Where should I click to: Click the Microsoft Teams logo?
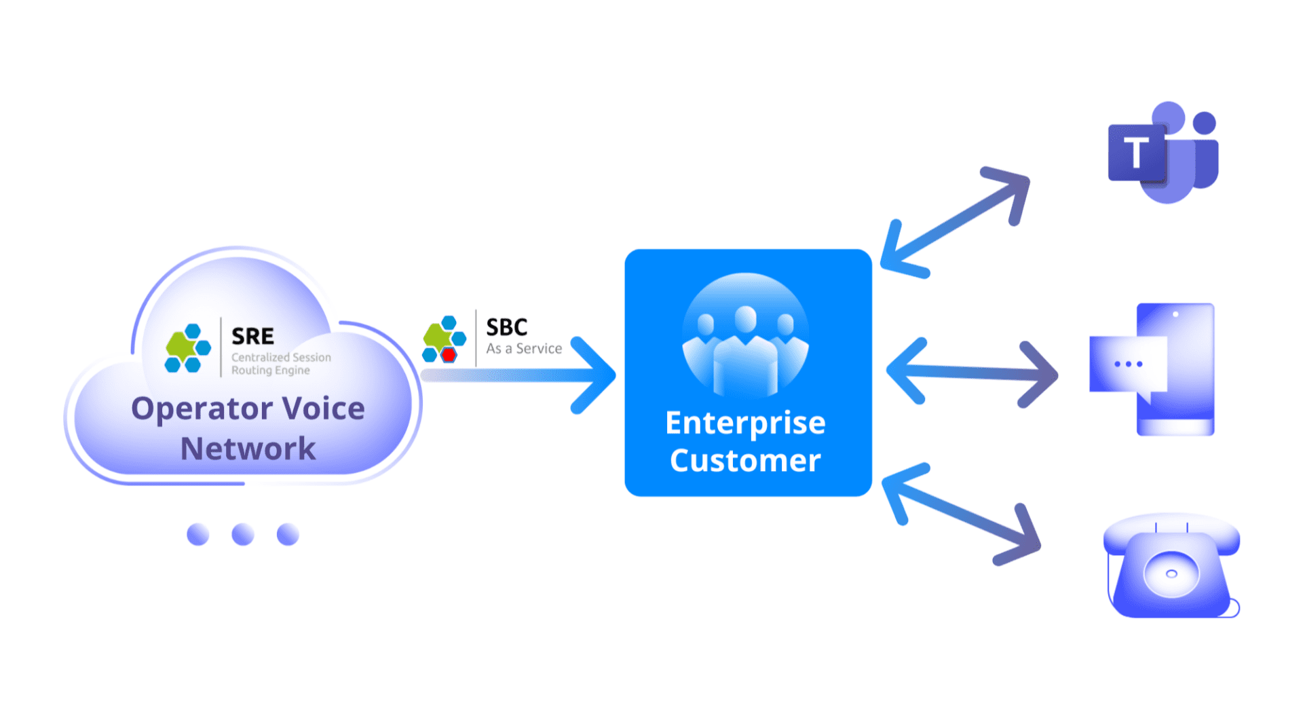point(1163,153)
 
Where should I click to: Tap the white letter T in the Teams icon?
point(1136,153)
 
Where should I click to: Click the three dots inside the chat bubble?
point(1128,364)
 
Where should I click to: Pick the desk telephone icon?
point(1172,567)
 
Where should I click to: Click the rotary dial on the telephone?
point(1171,573)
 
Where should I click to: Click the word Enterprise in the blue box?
point(745,423)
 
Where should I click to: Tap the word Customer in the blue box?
point(745,461)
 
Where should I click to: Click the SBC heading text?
point(506,327)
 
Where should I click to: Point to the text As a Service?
point(524,349)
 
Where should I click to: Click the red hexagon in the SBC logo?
point(449,354)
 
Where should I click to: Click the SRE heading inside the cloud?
point(252,336)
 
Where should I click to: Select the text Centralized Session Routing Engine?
point(280,364)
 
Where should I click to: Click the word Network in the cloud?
point(248,449)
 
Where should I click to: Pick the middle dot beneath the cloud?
point(243,534)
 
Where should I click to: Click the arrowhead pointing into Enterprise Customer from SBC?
point(597,375)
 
